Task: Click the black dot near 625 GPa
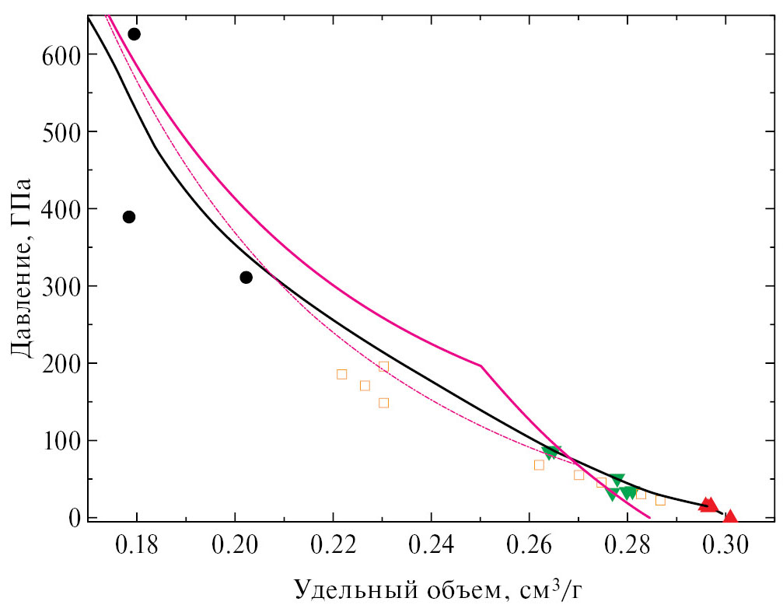point(134,34)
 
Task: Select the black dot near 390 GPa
point(129,217)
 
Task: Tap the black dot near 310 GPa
point(246,278)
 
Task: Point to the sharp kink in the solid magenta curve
point(481,365)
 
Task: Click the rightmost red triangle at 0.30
point(729,516)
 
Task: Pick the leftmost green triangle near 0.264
point(549,453)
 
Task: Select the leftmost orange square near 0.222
point(341,374)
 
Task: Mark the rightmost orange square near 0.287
point(660,500)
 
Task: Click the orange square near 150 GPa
point(383,403)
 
